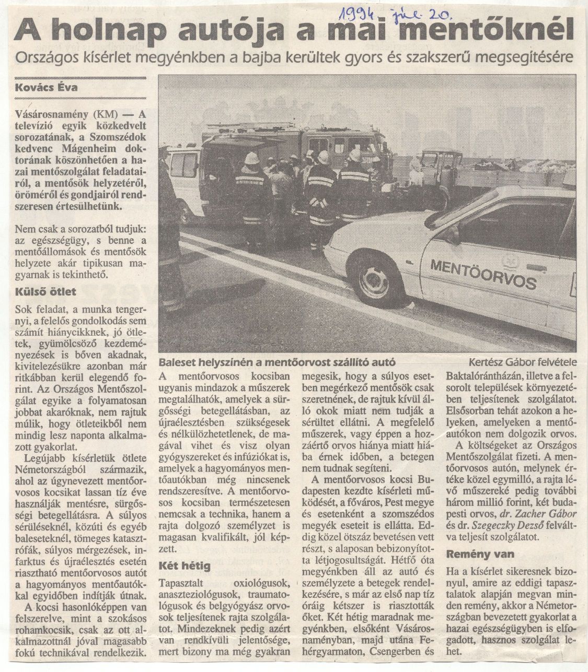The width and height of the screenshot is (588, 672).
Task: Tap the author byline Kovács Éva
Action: tap(47, 87)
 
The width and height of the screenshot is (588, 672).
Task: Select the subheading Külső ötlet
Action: tap(46, 291)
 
